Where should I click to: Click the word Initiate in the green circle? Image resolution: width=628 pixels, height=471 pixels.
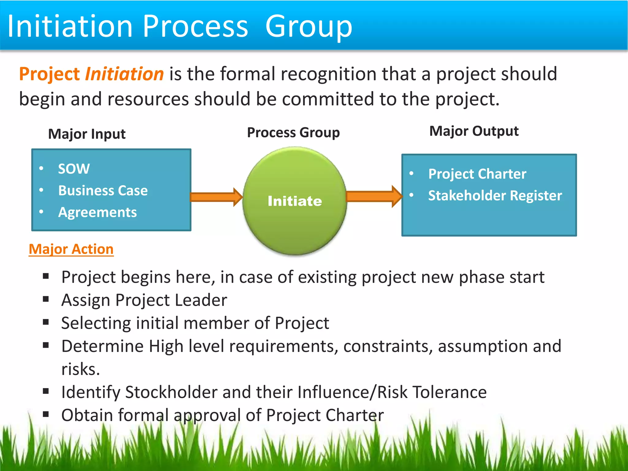click(295, 201)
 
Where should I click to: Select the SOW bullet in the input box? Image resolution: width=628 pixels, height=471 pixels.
click(74, 169)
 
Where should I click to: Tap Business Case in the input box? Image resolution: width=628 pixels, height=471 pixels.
click(103, 191)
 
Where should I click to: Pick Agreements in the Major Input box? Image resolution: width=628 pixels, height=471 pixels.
click(98, 213)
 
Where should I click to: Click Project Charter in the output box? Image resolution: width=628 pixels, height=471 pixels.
click(477, 174)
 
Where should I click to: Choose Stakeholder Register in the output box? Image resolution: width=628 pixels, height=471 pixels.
click(495, 196)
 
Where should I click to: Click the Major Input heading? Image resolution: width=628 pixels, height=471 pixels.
click(87, 134)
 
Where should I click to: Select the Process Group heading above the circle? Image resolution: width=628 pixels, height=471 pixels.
click(293, 133)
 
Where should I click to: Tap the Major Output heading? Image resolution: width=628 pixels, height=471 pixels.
click(474, 131)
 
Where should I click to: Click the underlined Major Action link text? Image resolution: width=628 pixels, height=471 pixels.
click(71, 249)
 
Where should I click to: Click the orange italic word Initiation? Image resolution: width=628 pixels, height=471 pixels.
click(124, 74)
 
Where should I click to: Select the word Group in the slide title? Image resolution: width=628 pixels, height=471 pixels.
click(308, 27)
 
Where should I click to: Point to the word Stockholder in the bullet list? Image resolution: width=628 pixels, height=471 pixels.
click(171, 392)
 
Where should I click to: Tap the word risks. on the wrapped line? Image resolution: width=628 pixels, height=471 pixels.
click(81, 369)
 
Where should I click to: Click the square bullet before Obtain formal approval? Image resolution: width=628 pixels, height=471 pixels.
click(46, 415)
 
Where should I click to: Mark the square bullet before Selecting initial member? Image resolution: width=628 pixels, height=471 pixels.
click(46, 323)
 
